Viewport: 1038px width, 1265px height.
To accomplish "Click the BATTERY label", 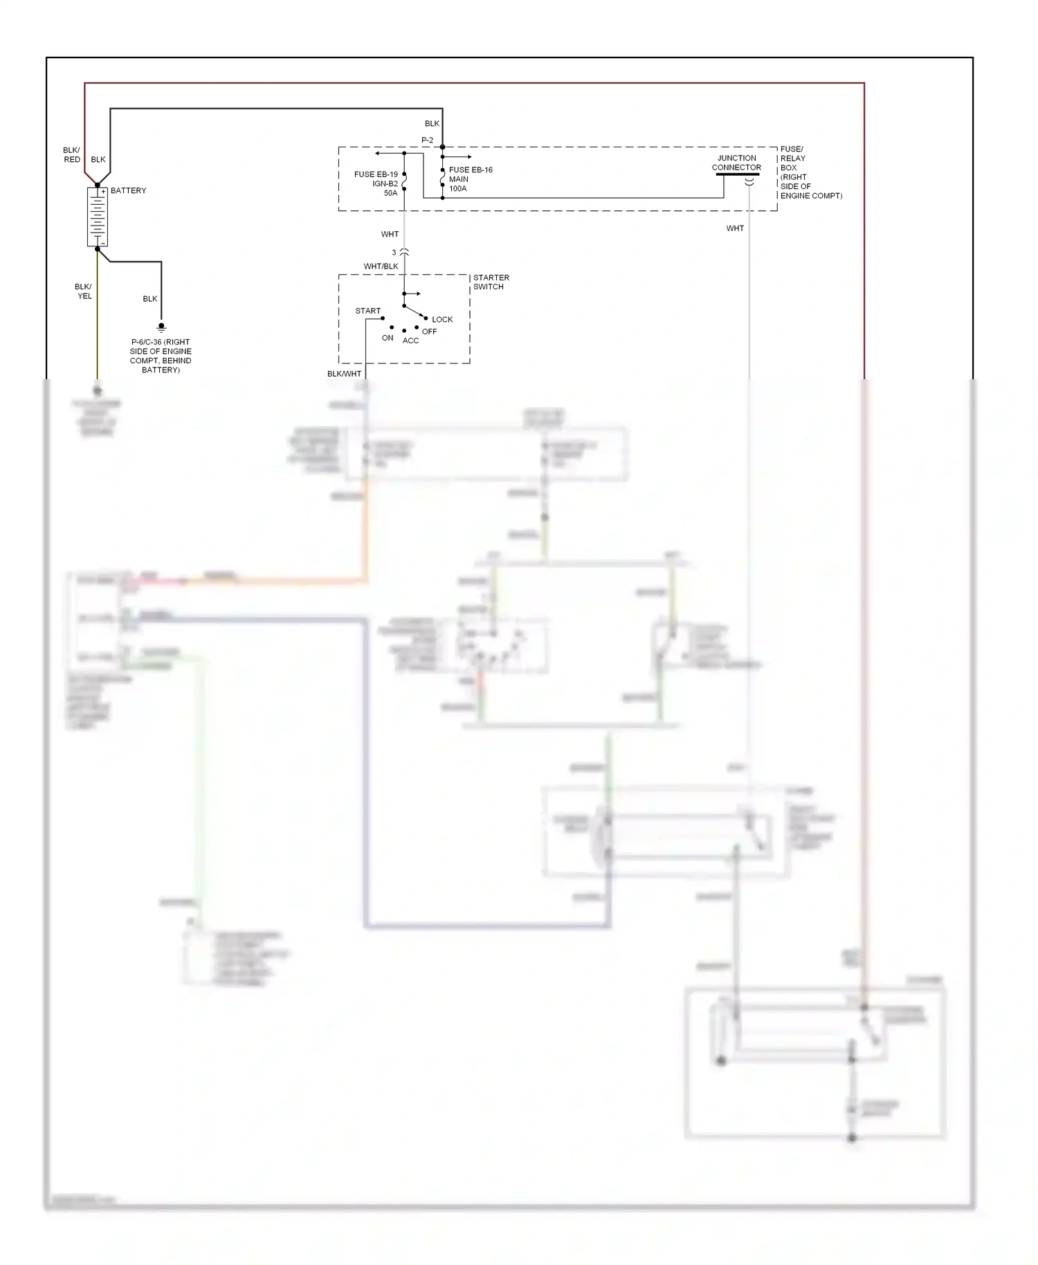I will coord(128,190).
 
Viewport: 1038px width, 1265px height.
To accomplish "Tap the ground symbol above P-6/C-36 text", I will coord(161,327).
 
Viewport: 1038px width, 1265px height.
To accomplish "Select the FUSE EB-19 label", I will coord(376,174).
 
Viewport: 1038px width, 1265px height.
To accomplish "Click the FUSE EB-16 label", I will coord(471,170).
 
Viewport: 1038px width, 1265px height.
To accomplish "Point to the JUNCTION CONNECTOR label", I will coord(736,163).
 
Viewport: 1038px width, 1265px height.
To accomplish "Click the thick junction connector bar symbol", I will coord(737,174).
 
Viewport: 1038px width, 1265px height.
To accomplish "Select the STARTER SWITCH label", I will coord(491,282).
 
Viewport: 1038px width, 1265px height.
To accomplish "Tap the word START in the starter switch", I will coord(367,311).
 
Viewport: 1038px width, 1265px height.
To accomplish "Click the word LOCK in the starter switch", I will coord(442,319).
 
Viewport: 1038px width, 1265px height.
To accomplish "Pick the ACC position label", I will coord(410,340).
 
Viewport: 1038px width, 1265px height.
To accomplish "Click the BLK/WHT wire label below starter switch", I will coord(344,374).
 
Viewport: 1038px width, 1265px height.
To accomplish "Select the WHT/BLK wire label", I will coord(381,266).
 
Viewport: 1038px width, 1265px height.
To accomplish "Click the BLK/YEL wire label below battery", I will coord(84,291).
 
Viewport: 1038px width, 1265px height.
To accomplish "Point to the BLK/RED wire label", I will coord(71,154).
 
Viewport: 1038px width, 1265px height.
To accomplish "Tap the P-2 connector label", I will coord(427,140).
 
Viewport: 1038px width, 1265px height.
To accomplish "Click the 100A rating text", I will coord(457,188).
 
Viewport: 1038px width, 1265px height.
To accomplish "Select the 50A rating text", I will coord(390,193).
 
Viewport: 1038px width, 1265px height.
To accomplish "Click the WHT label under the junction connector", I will coord(735,228).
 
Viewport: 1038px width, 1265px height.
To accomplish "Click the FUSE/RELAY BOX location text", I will coord(810,172).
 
